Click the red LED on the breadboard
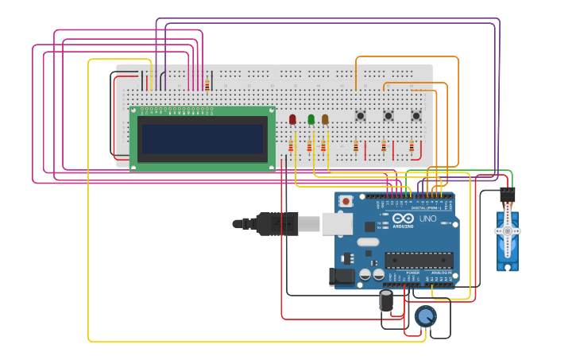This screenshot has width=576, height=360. click(x=292, y=119)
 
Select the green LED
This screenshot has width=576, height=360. click(x=311, y=119)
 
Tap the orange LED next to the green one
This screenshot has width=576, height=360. click(x=325, y=119)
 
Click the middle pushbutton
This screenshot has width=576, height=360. click(x=388, y=116)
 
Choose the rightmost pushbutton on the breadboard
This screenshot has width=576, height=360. click(x=416, y=116)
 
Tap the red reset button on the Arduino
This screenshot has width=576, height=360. click(x=346, y=201)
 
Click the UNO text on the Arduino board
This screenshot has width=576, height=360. click(x=427, y=219)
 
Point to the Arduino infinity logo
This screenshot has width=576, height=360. click(x=403, y=219)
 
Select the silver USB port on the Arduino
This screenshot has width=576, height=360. click(x=337, y=224)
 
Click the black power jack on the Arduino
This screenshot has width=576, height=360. click(x=342, y=276)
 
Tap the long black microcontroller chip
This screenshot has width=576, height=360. click(x=419, y=260)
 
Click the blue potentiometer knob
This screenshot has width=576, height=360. click(x=425, y=317)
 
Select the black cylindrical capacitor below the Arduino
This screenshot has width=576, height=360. click(x=386, y=300)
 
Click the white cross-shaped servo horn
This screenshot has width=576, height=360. click(x=507, y=231)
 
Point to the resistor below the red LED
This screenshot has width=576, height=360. click(x=291, y=147)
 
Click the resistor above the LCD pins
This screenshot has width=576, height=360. click(x=207, y=86)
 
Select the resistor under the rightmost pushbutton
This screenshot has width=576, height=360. click(x=412, y=146)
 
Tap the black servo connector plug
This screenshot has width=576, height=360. click(x=507, y=195)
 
